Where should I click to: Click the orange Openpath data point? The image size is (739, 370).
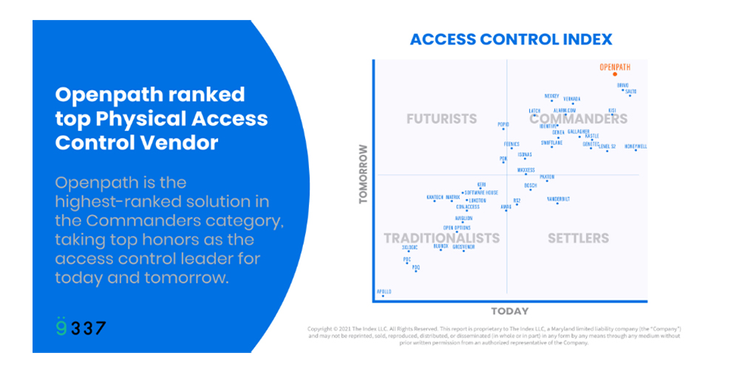[x=615, y=74]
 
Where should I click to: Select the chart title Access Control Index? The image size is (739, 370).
[x=511, y=39]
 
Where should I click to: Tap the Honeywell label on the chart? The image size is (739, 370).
[x=636, y=147]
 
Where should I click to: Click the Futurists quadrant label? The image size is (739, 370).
[x=441, y=118]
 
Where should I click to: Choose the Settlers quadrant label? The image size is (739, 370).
[x=578, y=238]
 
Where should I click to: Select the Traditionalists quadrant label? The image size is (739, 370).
[x=441, y=238]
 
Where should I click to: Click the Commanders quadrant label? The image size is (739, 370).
[x=578, y=118]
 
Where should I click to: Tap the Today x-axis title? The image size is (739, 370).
[x=510, y=311]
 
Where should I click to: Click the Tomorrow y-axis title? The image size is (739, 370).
[x=363, y=174]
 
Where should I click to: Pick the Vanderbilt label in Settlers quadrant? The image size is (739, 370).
[x=558, y=198]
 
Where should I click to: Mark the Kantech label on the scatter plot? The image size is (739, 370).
[x=435, y=198]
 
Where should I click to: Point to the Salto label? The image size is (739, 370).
[x=631, y=91]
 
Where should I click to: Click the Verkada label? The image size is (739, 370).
[x=572, y=99]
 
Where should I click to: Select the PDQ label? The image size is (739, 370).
[x=416, y=267]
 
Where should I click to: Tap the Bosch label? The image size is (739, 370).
[x=531, y=185]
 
